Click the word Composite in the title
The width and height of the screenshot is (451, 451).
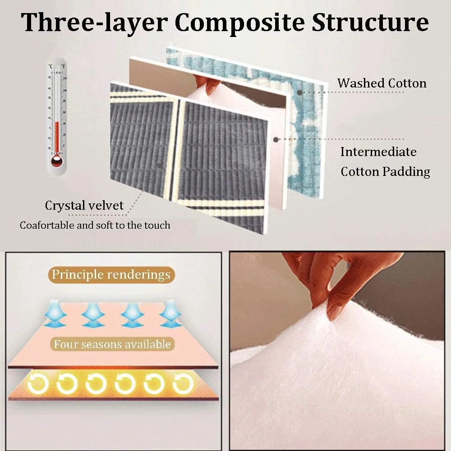[239, 23]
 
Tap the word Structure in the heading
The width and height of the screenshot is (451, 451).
[370, 22]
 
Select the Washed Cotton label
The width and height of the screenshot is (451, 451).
[382, 83]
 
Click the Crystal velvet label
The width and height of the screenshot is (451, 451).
[84, 206]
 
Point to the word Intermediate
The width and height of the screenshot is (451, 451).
[378, 152]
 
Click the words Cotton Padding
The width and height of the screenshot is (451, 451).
[386, 172]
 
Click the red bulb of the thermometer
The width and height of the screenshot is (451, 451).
[57, 161]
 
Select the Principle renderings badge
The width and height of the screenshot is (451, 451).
[111, 275]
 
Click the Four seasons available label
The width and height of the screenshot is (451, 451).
[112, 344]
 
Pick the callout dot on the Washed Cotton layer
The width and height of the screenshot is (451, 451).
[300, 92]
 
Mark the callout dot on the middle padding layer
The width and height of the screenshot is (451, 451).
[276, 139]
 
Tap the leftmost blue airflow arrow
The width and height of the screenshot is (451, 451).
[55, 314]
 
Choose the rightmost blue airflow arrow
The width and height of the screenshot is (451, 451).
[170, 314]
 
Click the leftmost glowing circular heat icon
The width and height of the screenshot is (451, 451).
[38, 384]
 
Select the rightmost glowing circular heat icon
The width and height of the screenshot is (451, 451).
[183, 384]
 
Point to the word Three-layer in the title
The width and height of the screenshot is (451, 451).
[94, 23]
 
